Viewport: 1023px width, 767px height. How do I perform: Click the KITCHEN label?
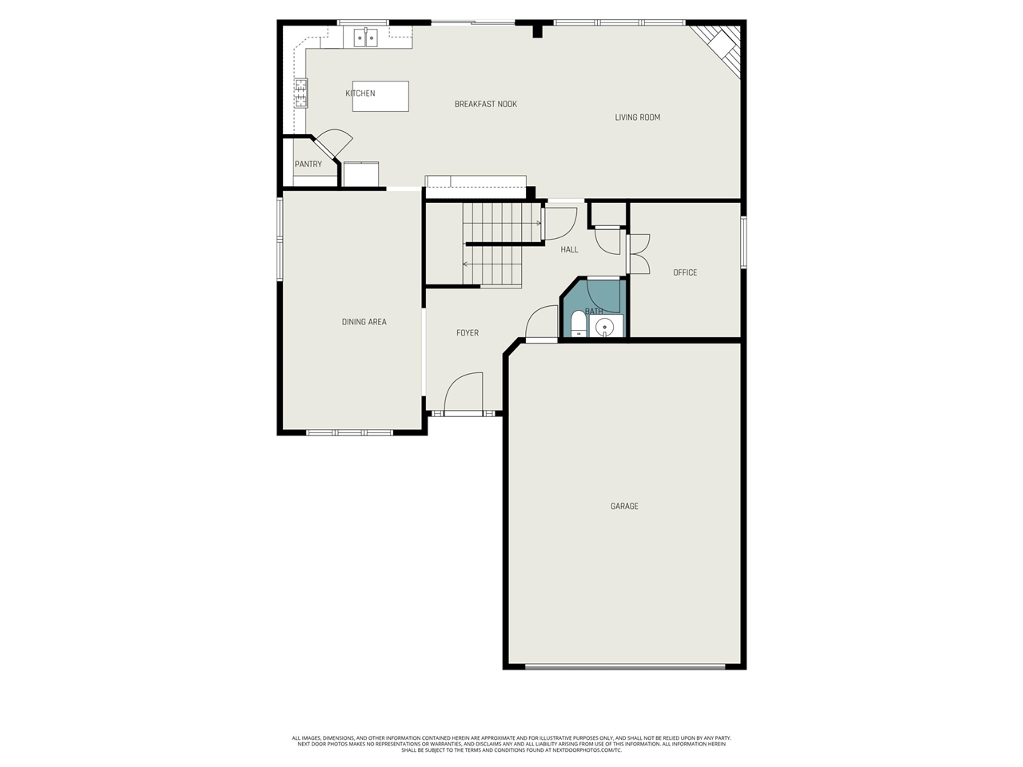point(360,93)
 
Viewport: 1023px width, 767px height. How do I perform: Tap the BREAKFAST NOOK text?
point(485,104)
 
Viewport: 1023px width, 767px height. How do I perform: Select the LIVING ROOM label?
point(637,117)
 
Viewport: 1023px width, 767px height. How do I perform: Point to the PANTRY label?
point(308,165)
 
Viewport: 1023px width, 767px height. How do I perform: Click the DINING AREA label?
point(364,322)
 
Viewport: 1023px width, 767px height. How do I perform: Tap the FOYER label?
point(468,333)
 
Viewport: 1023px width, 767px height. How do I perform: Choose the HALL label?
point(569,250)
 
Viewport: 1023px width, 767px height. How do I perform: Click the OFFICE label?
point(685,272)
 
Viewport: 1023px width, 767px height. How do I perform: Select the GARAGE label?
point(624,506)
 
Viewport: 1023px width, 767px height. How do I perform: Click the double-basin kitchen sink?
point(366,37)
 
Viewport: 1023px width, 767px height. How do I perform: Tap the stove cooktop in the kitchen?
point(301,93)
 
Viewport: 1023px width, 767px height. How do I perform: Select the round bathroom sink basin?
point(605,326)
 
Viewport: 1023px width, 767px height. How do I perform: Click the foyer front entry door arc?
point(463,392)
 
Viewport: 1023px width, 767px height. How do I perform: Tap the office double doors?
point(638,254)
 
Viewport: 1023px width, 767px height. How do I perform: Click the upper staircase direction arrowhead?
point(539,224)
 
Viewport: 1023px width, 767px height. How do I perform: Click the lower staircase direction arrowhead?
point(465,264)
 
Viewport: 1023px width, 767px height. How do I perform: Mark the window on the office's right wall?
point(742,241)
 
